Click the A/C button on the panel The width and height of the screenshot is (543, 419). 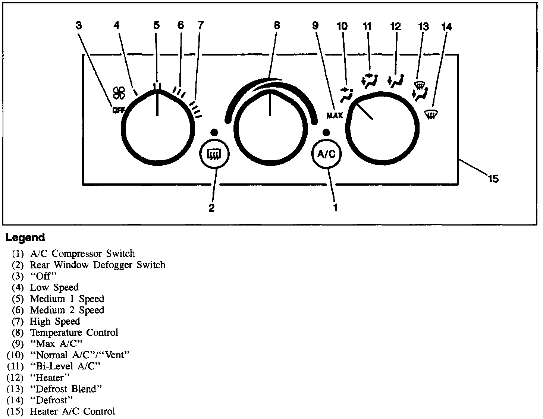(x=326, y=154)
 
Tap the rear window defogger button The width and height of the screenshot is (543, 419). (x=215, y=154)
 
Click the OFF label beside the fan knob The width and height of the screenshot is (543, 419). (x=119, y=110)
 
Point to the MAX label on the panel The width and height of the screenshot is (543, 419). (x=335, y=116)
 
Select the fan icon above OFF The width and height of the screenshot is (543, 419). (x=120, y=93)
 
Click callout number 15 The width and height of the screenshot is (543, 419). (x=493, y=179)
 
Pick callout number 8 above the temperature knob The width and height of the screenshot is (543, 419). (x=277, y=25)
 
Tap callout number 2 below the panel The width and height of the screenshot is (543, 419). (x=211, y=208)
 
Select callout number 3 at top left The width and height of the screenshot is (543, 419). (x=79, y=25)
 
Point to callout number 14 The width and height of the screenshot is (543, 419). (x=447, y=26)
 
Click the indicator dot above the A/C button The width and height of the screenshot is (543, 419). (x=326, y=132)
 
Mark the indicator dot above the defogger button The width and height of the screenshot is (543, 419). (x=214, y=132)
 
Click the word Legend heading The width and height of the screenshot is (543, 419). (x=25, y=237)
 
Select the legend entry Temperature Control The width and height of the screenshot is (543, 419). (x=74, y=333)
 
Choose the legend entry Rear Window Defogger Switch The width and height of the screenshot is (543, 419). (x=97, y=265)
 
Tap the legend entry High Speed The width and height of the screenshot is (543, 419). (x=55, y=321)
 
